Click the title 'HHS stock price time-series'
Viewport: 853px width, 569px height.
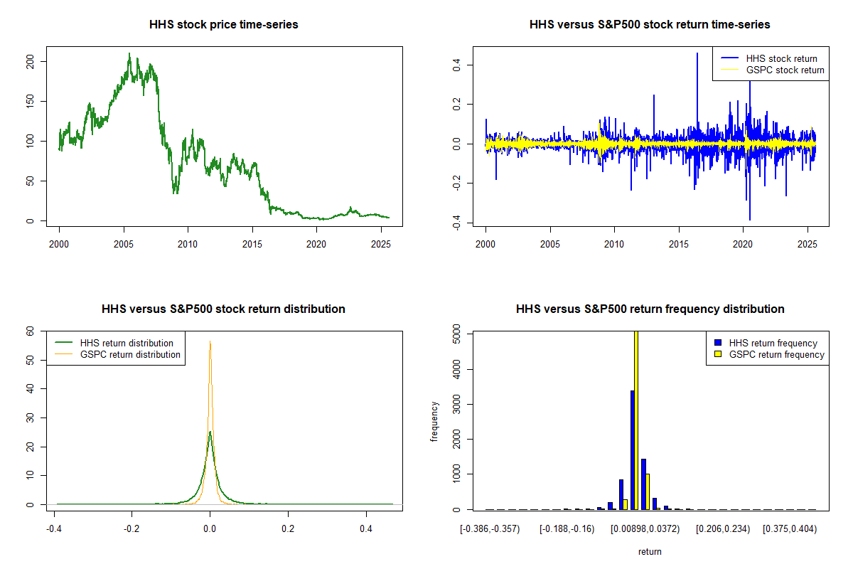(x=223, y=24)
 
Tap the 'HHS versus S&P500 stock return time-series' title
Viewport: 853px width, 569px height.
(x=650, y=24)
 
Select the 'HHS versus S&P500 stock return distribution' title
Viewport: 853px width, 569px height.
(x=223, y=309)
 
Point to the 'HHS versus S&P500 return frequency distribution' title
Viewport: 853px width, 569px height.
(x=650, y=309)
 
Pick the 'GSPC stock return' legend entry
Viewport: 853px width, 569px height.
(x=785, y=70)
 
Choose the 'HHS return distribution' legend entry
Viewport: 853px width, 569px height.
(x=127, y=343)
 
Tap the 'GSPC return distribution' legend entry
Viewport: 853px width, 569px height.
(x=130, y=354)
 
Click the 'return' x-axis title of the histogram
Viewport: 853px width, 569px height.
(x=650, y=551)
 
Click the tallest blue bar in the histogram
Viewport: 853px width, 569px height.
(x=632, y=450)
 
